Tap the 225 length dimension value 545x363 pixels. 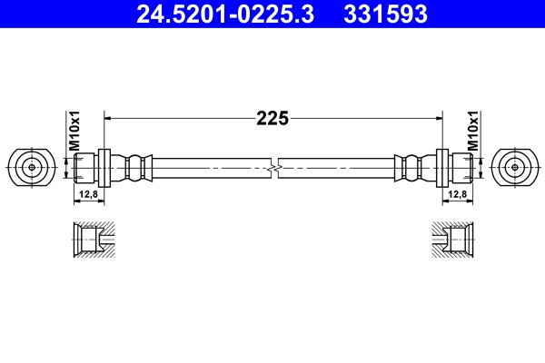click(x=272, y=117)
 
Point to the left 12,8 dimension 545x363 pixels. click(x=86, y=193)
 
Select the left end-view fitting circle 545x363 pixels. click(x=32, y=167)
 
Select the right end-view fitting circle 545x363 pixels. click(x=513, y=167)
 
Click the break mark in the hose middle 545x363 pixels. click(x=273, y=168)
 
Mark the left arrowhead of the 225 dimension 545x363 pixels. click(x=110, y=117)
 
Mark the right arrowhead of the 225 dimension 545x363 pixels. click(x=437, y=117)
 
